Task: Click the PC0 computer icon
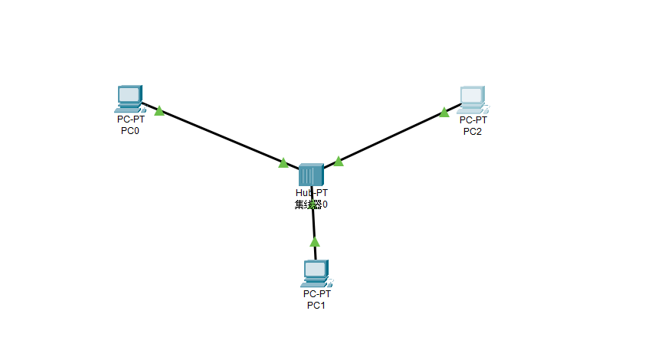[x=129, y=98]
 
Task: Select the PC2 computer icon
[x=472, y=98]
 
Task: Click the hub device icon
[x=311, y=175]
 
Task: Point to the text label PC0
[x=130, y=130]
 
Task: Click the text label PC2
[x=473, y=130]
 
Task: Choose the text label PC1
[x=316, y=305]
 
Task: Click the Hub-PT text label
[x=312, y=193]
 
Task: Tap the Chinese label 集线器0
[x=311, y=205]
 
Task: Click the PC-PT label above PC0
[x=130, y=119]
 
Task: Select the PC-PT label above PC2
[x=473, y=119]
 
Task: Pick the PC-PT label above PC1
[x=316, y=293]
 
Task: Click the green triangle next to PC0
[x=159, y=111]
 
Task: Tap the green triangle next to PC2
[x=444, y=113]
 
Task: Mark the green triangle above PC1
[x=314, y=241]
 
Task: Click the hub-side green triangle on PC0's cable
[x=283, y=162]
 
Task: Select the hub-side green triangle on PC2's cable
[x=338, y=161]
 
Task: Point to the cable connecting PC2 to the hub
[x=391, y=137]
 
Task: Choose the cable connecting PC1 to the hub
[x=314, y=226]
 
